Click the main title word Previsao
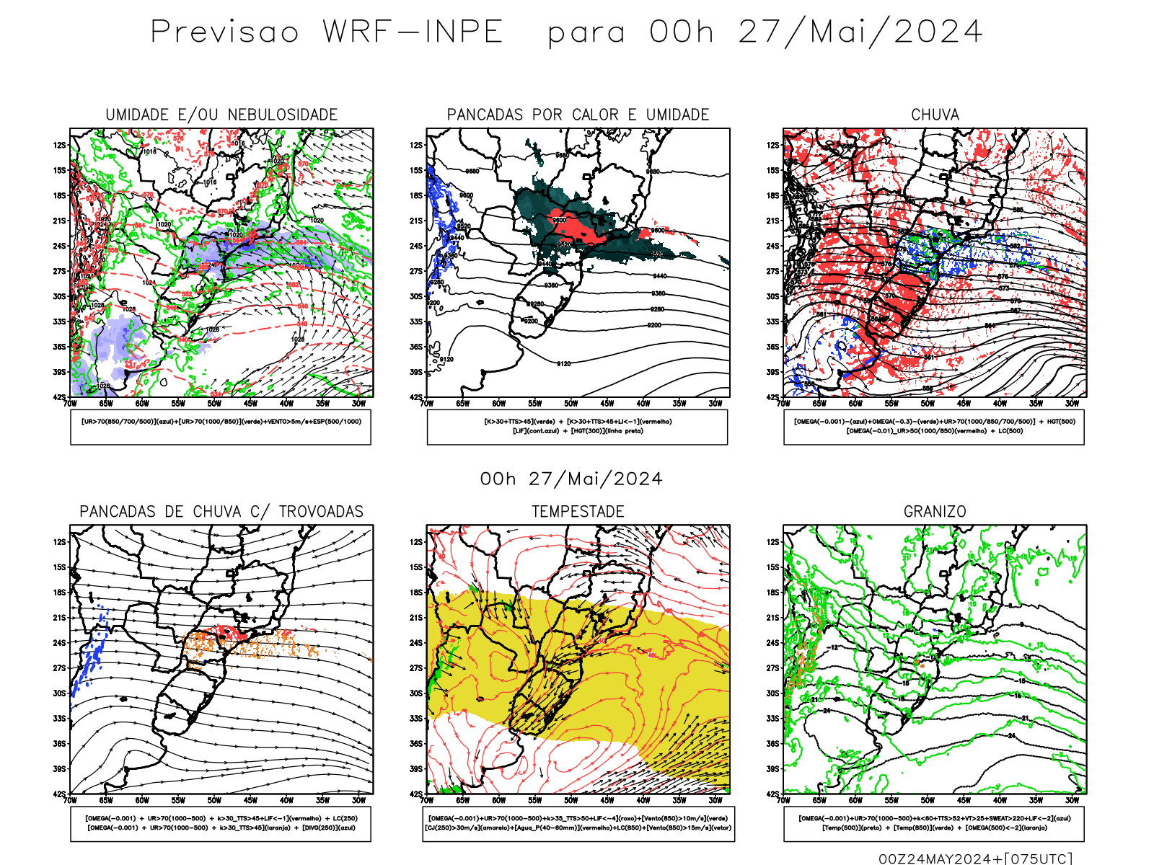pos(224,32)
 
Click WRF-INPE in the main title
pos(413,32)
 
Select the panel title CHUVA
pos(935,115)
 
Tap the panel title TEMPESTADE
pos(578,512)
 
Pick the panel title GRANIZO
pos(935,512)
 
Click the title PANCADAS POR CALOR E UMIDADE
pos(578,115)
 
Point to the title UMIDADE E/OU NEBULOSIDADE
pos(221,115)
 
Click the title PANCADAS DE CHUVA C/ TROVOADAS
pos(221,512)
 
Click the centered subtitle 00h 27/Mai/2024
pos(571,479)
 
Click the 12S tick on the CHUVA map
pos(773,146)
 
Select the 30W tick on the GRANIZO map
pos(1072,800)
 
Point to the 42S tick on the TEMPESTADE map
pos(417,794)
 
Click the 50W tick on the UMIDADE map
pos(214,404)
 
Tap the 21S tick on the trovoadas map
pos(59,618)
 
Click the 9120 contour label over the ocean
pos(563,364)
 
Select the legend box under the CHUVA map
pos(934,427)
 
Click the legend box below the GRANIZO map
pos(934,823)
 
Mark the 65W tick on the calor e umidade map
pos(462,404)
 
